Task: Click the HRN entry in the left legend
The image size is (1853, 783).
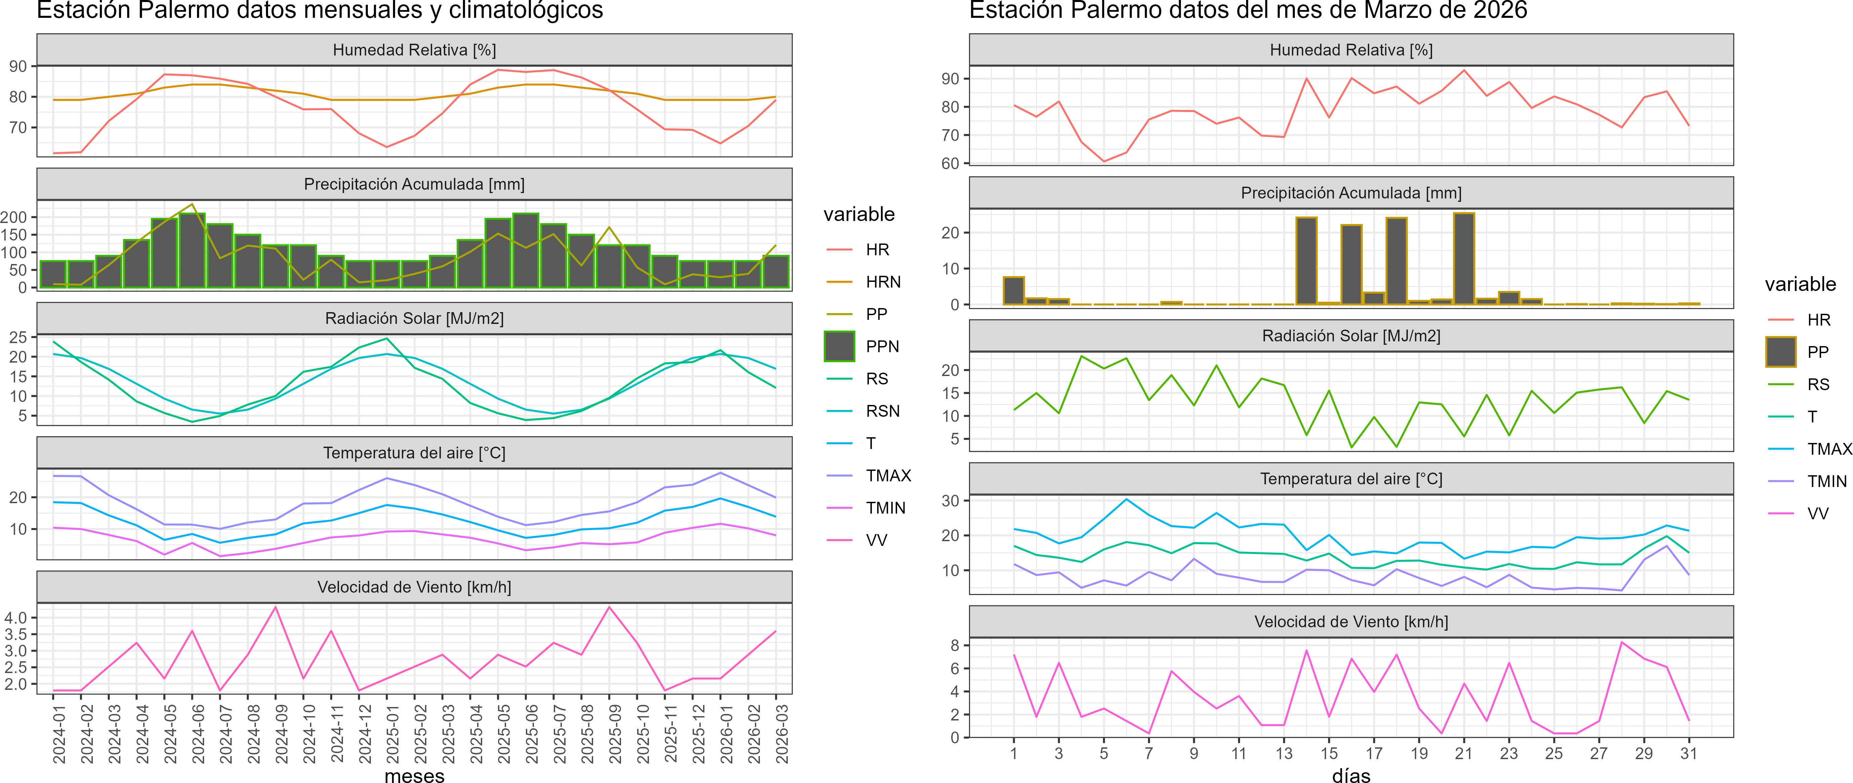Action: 883,282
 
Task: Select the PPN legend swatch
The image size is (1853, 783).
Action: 840,346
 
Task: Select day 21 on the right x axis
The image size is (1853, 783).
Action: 1464,753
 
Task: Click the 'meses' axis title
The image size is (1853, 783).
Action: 414,775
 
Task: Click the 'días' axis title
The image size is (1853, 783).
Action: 1351,775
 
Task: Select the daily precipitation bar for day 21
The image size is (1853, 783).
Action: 1464,259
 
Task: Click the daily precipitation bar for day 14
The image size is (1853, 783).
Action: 1306,261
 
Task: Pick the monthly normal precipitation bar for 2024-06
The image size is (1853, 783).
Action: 192,251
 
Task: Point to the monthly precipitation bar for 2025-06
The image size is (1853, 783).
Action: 526,251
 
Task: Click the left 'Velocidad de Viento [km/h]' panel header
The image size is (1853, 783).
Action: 414,587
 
